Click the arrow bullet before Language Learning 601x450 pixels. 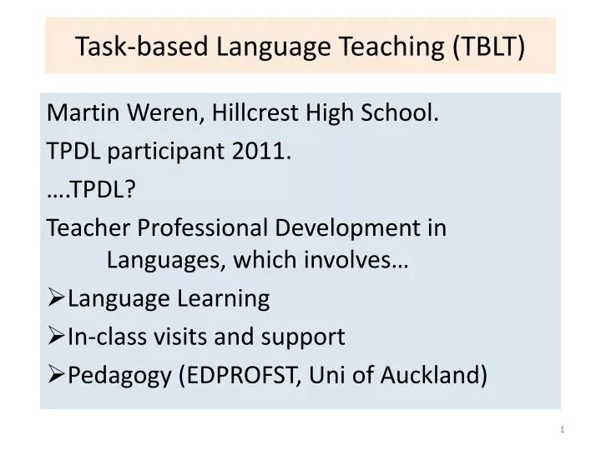point(56,298)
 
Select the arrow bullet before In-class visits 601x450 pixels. point(56,337)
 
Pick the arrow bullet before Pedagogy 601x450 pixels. point(56,375)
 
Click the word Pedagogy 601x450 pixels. point(120,375)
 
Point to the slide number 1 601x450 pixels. point(563,429)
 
